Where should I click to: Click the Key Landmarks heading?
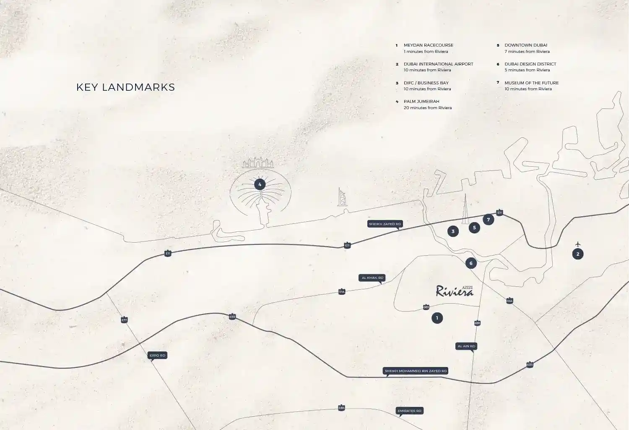[x=125, y=87]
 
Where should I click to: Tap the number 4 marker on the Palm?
[x=260, y=184]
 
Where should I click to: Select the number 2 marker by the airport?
[x=578, y=254]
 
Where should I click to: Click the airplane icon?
[x=578, y=244]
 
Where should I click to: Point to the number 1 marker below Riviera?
[x=437, y=318]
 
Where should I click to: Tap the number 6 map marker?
[x=471, y=263]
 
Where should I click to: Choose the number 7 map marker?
[x=488, y=220]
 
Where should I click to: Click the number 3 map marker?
[x=453, y=231]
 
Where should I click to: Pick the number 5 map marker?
[x=474, y=228]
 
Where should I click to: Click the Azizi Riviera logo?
[x=455, y=291]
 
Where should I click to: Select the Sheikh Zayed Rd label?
[x=385, y=224]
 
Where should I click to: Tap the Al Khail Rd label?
[x=372, y=278]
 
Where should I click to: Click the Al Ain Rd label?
[x=466, y=346]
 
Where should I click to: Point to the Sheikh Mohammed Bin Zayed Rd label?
[x=416, y=371]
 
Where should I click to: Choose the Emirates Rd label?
[x=409, y=411]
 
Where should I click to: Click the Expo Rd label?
[x=157, y=355]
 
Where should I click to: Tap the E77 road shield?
[x=124, y=320]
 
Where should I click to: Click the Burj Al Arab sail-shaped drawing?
[x=342, y=197]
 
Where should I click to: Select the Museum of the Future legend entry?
[x=531, y=86]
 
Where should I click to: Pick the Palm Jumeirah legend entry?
[x=427, y=104]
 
